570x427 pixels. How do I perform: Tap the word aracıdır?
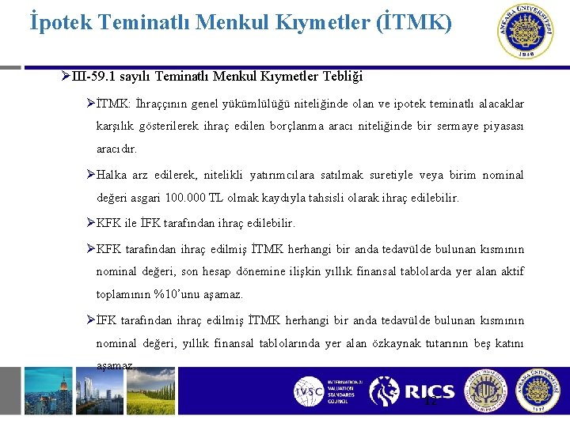tap(116, 149)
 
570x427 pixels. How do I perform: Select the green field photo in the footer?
tap(150, 391)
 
